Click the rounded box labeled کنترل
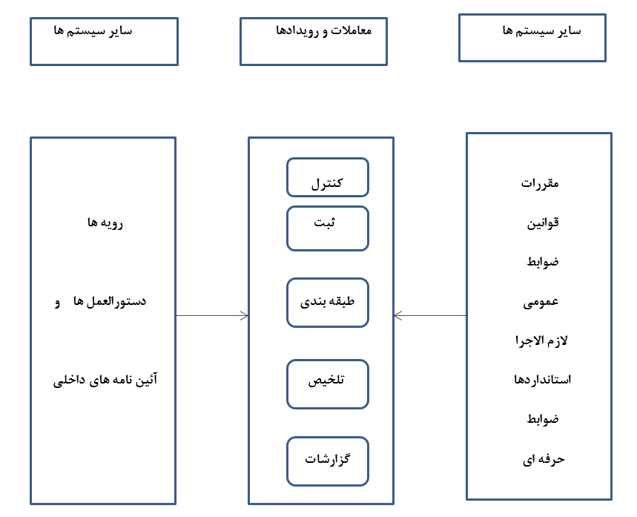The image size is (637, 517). (328, 177)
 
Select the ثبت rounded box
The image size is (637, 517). (328, 228)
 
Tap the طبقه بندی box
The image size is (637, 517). (328, 303)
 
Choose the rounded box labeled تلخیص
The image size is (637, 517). (328, 384)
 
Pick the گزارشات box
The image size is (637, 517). (328, 461)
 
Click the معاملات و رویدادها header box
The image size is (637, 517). (314, 42)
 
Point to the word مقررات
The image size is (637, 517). (540, 184)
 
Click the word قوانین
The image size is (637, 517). (543, 223)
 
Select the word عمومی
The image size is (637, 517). (541, 303)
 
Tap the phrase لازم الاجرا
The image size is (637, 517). (541, 340)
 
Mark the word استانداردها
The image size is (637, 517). (542, 379)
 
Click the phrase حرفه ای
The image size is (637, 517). (544, 460)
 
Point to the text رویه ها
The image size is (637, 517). (105, 223)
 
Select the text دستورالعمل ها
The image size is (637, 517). (110, 301)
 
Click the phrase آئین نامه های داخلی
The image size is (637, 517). (105, 380)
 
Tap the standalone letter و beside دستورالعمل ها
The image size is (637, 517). (57, 303)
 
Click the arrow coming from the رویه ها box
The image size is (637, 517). (211, 315)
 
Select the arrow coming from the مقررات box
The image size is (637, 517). (430, 315)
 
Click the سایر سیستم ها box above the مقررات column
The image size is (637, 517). (532, 38)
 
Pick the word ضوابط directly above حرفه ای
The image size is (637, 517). (543, 418)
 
